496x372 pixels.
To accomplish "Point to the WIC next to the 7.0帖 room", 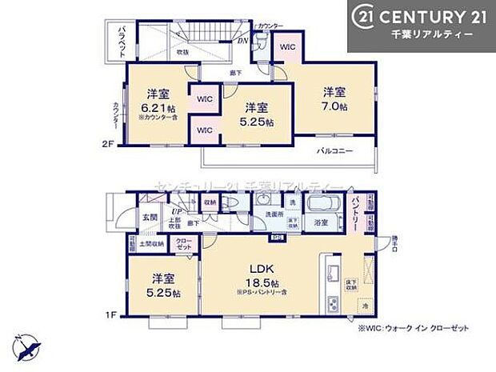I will tap(287, 47).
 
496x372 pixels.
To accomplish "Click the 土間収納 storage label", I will tap(152, 243).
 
